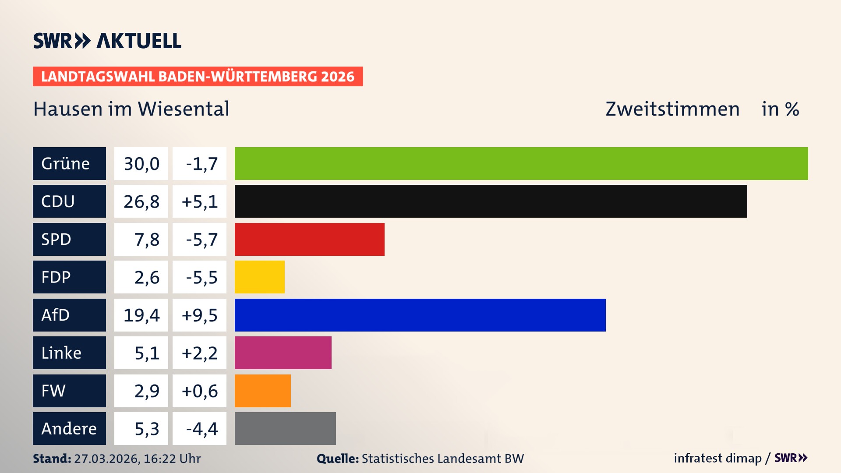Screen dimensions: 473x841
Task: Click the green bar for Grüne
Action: (521, 163)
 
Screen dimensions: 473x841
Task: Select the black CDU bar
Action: (491, 201)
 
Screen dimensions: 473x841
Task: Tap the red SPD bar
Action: (309, 239)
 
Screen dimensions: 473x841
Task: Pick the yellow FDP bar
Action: (259, 277)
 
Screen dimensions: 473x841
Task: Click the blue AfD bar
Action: (420, 315)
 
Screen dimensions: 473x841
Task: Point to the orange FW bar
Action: (262, 391)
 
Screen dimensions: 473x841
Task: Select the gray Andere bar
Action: (285, 428)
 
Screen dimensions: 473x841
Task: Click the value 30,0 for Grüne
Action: (141, 163)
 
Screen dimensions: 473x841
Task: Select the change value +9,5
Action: (199, 315)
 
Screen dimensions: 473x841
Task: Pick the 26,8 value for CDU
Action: (141, 201)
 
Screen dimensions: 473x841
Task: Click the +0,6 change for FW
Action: (199, 391)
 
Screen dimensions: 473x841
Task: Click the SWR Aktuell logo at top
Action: (107, 41)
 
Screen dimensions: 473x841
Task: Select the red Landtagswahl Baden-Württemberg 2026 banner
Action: (198, 76)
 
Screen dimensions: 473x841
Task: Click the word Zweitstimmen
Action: (672, 109)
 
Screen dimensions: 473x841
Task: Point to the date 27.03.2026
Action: (107, 459)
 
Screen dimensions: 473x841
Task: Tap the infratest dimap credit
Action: (717, 458)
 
